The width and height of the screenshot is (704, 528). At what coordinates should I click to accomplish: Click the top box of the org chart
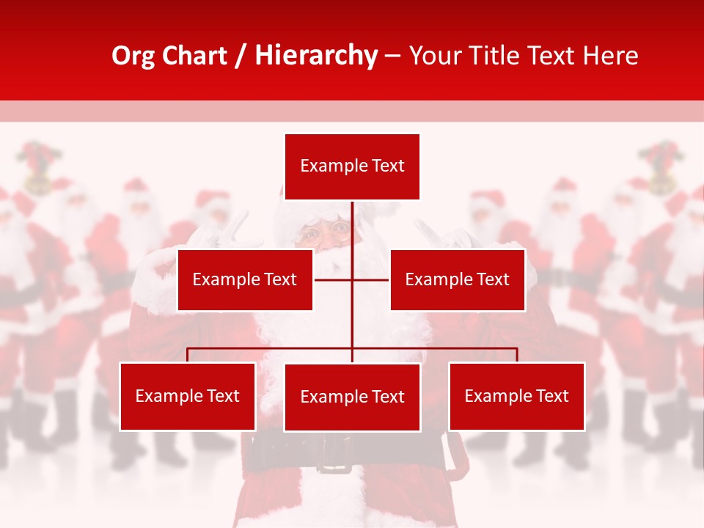click(x=352, y=166)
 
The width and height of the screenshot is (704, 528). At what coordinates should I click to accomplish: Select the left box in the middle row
click(x=245, y=279)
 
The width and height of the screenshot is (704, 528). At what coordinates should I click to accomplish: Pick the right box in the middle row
click(x=457, y=279)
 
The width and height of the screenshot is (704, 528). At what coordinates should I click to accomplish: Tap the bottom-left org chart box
click(x=188, y=396)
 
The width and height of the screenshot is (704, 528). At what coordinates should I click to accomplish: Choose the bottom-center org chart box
click(x=352, y=397)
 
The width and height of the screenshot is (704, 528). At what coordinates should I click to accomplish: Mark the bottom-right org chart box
click(x=516, y=396)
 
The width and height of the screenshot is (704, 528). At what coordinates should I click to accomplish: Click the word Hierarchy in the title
click(x=316, y=56)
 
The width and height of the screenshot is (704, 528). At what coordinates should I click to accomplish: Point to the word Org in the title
click(x=133, y=56)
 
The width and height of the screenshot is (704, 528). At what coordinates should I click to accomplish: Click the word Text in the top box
click(x=386, y=166)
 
